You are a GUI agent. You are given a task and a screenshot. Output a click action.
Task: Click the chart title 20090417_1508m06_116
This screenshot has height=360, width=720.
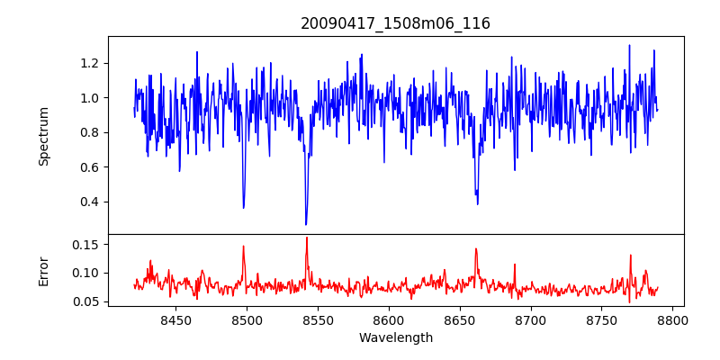tap(395, 23)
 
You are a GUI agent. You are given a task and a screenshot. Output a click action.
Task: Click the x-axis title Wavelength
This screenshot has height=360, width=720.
tap(395, 338)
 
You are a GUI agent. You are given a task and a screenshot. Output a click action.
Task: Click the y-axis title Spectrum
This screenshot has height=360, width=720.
tap(44, 136)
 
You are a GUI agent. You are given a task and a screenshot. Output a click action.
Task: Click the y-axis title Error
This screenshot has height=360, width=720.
tap(44, 270)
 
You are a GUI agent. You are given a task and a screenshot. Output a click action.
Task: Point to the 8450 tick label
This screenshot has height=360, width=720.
tap(175, 320)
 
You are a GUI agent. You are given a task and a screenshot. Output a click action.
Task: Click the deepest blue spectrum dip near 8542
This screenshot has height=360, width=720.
tap(306, 224)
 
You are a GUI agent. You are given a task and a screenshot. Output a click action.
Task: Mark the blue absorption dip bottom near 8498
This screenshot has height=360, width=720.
tap(244, 208)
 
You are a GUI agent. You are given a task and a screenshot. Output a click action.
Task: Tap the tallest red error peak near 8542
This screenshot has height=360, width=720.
tap(307, 238)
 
